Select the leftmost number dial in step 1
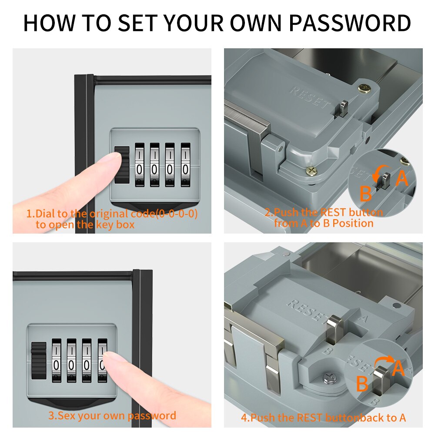point(140,165)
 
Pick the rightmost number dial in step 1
point(186,165)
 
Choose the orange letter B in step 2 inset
point(365,194)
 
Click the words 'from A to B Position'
point(324,224)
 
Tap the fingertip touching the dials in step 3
point(110,362)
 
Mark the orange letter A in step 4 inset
point(399,368)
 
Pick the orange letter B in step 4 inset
point(362,384)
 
